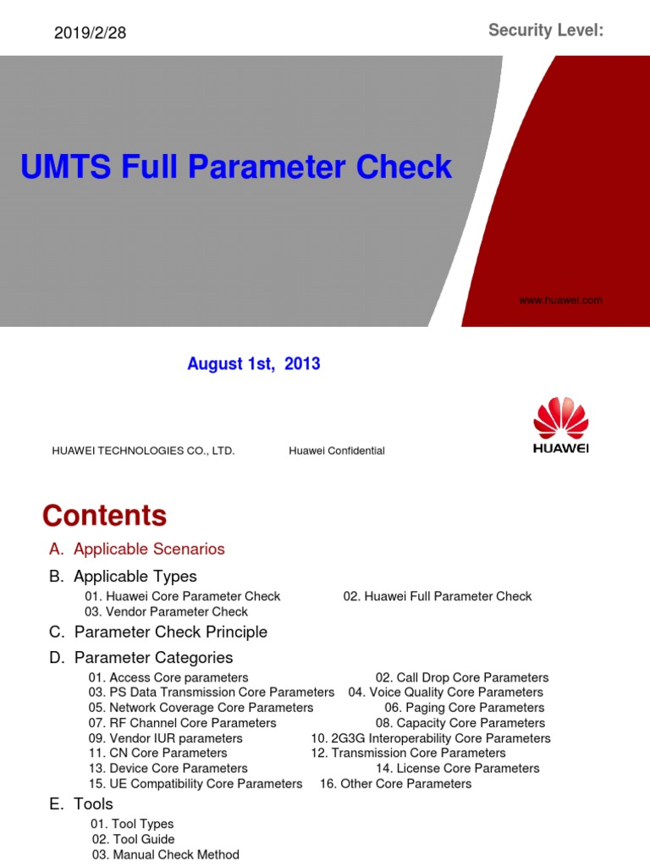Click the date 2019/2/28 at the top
[x=90, y=33]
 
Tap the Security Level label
[x=546, y=31]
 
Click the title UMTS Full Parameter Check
[x=236, y=167]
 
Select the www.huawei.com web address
[x=560, y=300]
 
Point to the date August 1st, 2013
[x=253, y=364]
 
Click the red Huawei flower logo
[x=560, y=417]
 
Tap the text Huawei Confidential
[x=336, y=451]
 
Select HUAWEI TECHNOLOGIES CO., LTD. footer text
[x=143, y=451]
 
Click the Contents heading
[x=104, y=516]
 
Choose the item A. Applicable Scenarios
[x=137, y=549]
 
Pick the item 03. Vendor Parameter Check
[x=167, y=612]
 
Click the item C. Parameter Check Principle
[x=158, y=632]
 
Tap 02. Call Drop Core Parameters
[x=462, y=678]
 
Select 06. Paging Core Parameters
[x=465, y=708]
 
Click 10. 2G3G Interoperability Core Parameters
[x=431, y=738]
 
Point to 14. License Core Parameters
[x=458, y=769]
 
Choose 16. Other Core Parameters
[x=395, y=784]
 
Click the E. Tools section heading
[x=81, y=804]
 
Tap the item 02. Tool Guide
[x=134, y=840]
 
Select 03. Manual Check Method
[x=166, y=855]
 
